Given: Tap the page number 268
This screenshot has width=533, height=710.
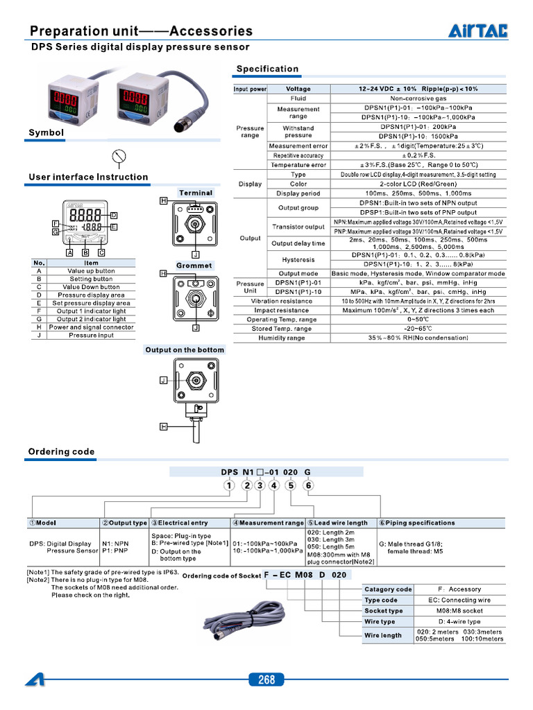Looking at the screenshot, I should tap(266, 679).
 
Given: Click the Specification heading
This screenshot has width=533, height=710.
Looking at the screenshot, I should tap(267, 69).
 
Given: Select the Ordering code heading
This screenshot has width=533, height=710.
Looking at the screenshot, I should tap(61, 451).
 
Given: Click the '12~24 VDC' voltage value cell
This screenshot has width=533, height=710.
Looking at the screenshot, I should tap(418, 89).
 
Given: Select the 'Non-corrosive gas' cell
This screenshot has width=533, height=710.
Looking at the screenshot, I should tap(418, 98).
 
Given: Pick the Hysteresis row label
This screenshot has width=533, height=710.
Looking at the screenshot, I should tap(298, 259).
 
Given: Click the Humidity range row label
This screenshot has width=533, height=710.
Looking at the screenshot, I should tap(282, 338).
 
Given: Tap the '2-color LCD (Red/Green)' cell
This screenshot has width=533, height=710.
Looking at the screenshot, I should tap(418, 184).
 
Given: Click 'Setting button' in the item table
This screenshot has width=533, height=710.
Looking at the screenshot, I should tap(91, 279).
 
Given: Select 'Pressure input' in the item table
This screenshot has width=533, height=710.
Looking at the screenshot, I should tap(91, 335).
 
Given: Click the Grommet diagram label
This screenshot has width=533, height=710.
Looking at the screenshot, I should tap(194, 266).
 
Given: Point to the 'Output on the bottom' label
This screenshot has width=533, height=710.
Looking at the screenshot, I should tap(185, 350).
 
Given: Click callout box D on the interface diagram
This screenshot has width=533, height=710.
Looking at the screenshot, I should tap(114, 215).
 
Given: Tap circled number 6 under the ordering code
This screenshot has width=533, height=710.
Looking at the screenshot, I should tap(309, 485).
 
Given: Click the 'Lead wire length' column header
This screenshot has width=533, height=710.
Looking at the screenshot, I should tap(340, 523).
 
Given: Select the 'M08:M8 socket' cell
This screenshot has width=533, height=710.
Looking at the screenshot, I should tap(459, 611).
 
